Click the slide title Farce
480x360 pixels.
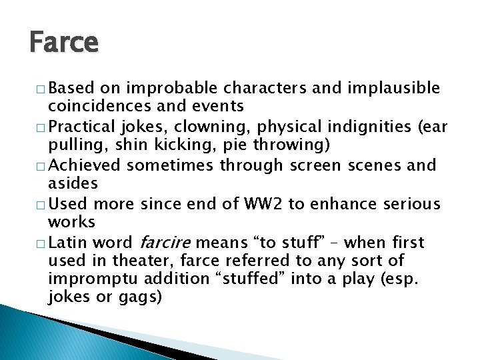[64, 43]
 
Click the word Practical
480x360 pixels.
[82, 126]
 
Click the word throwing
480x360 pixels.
[251, 145]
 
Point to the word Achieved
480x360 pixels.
[84, 165]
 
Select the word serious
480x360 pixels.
[414, 203]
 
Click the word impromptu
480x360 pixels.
[91, 279]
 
